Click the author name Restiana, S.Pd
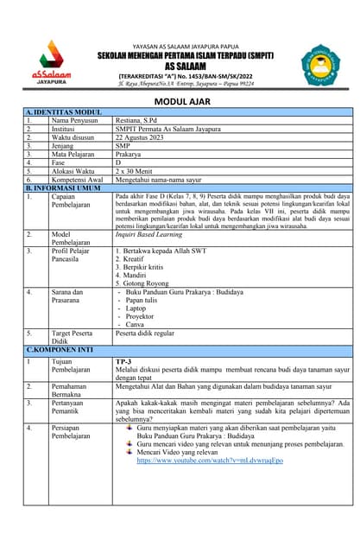[x=141, y=121]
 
